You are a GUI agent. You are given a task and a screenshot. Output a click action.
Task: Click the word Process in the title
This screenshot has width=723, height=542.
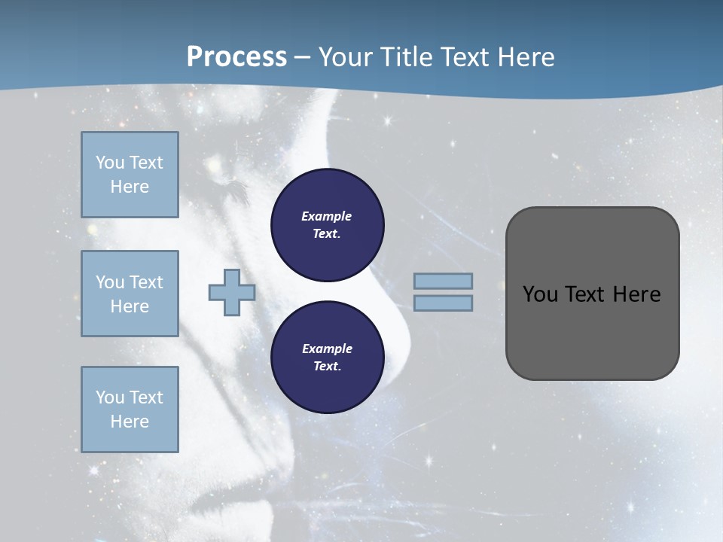236,57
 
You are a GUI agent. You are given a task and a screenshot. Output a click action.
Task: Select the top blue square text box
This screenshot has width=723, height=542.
130,175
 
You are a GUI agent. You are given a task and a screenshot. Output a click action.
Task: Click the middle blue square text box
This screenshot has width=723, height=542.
130,294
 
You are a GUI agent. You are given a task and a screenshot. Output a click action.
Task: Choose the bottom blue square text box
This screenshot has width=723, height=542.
130,410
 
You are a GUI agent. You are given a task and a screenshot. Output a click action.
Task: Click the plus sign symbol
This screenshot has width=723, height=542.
232,293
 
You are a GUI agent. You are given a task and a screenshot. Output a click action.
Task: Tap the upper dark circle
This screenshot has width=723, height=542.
328,225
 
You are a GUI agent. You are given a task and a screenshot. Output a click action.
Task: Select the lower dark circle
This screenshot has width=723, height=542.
328,358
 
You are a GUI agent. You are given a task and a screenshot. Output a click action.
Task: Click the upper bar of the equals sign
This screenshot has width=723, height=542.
444,282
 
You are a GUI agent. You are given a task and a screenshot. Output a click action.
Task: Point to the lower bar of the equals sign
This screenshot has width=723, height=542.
444,303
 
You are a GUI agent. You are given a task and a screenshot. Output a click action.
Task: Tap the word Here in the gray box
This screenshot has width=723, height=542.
636,294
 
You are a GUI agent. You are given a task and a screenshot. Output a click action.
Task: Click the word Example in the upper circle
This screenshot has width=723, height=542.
327,216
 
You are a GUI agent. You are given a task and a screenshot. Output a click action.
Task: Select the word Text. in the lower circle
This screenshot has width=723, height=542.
327,367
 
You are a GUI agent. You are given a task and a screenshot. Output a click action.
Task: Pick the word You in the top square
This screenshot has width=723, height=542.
109,163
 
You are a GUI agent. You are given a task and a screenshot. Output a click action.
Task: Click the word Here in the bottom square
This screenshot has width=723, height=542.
130,422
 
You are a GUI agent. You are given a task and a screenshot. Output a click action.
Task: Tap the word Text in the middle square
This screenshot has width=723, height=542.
146,282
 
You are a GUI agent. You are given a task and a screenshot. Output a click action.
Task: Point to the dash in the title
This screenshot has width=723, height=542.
302,58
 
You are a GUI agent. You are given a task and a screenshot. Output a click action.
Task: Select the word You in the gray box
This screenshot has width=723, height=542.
540,294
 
